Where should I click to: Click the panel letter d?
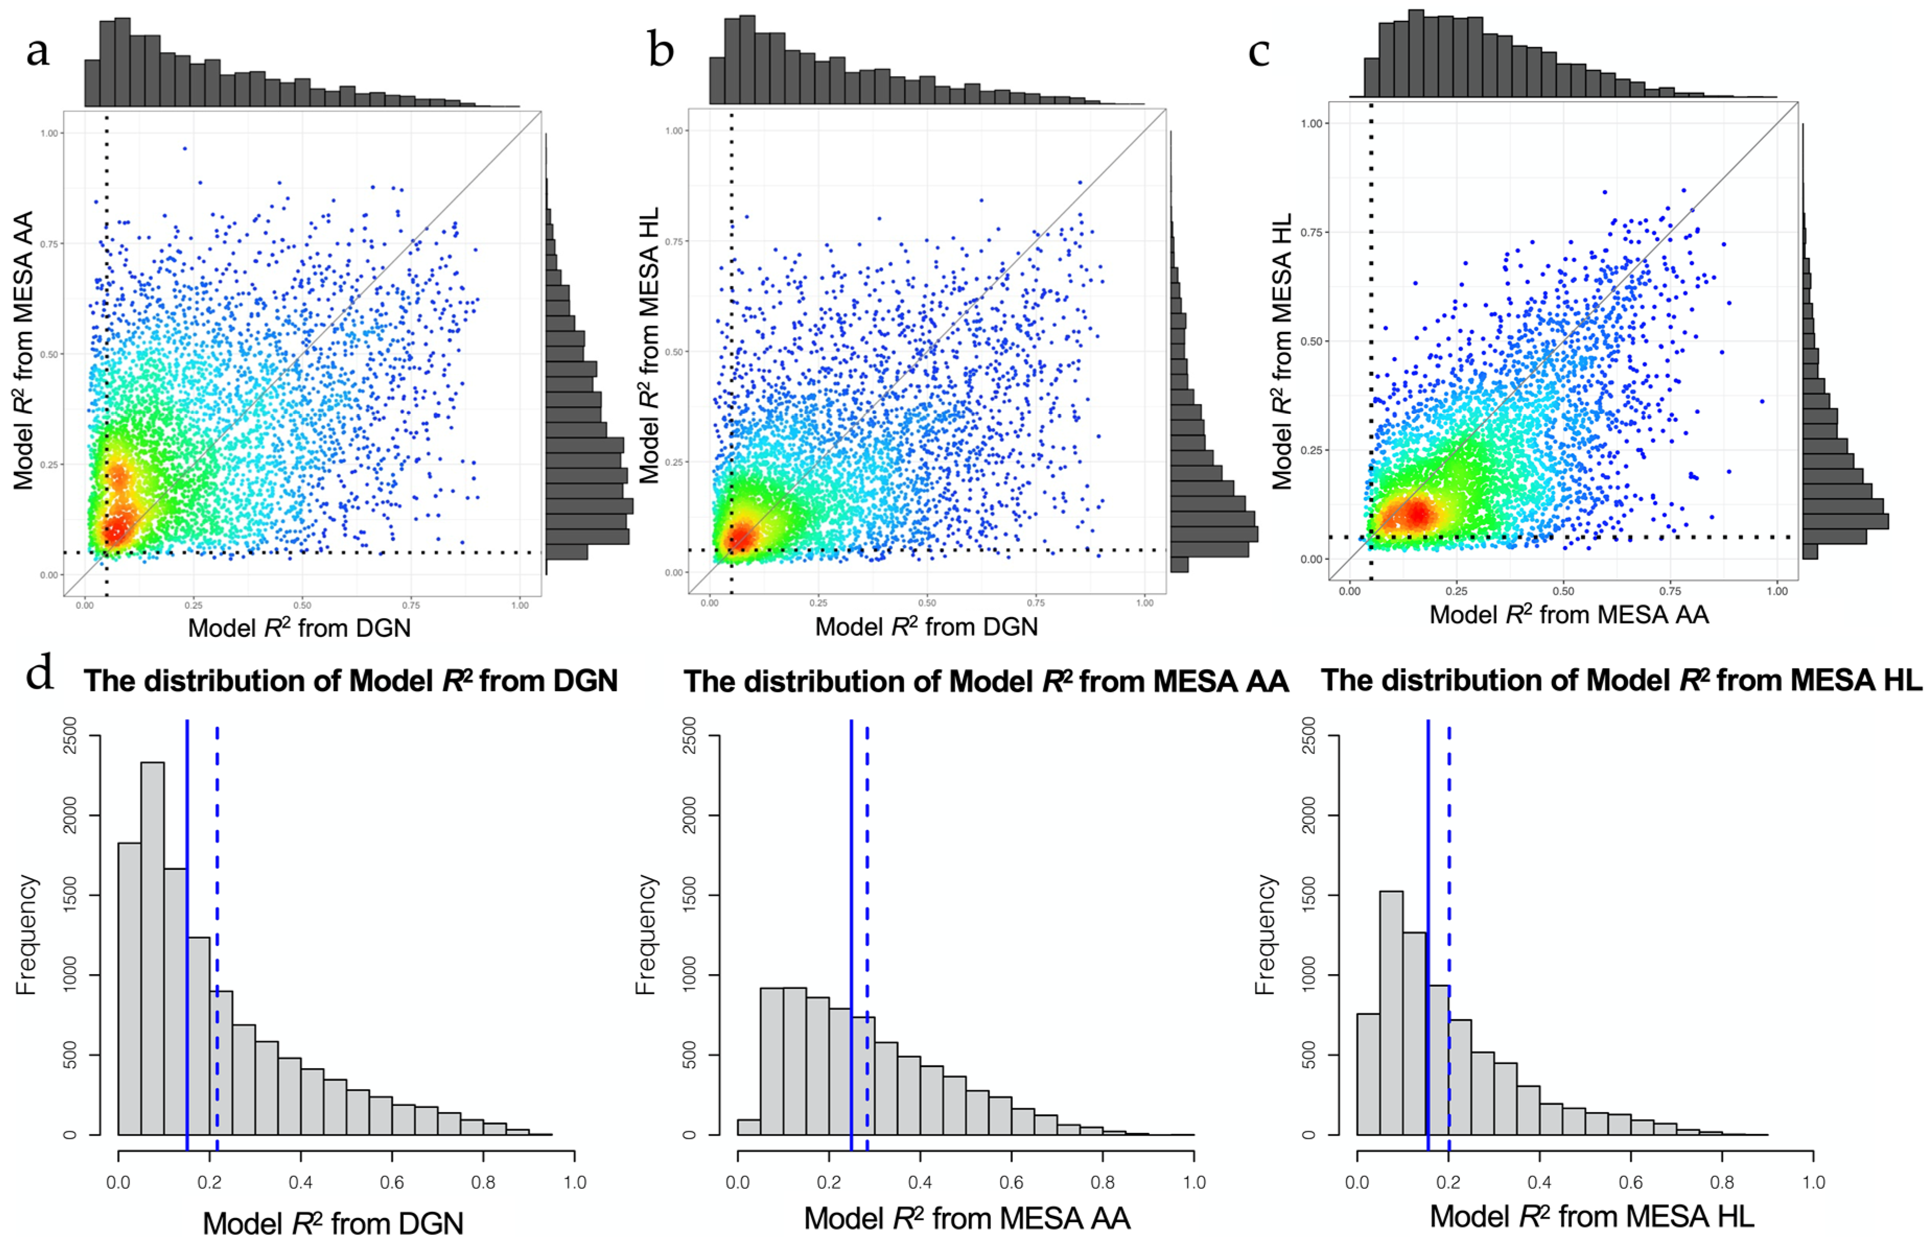[40, 673]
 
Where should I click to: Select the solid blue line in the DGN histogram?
[187, 927]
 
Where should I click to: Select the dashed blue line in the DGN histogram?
[217, 927]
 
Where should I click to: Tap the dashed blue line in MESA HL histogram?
[1448, 927]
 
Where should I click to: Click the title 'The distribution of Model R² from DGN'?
[350, 681]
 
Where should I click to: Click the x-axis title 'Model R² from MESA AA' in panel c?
[1569, 615]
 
